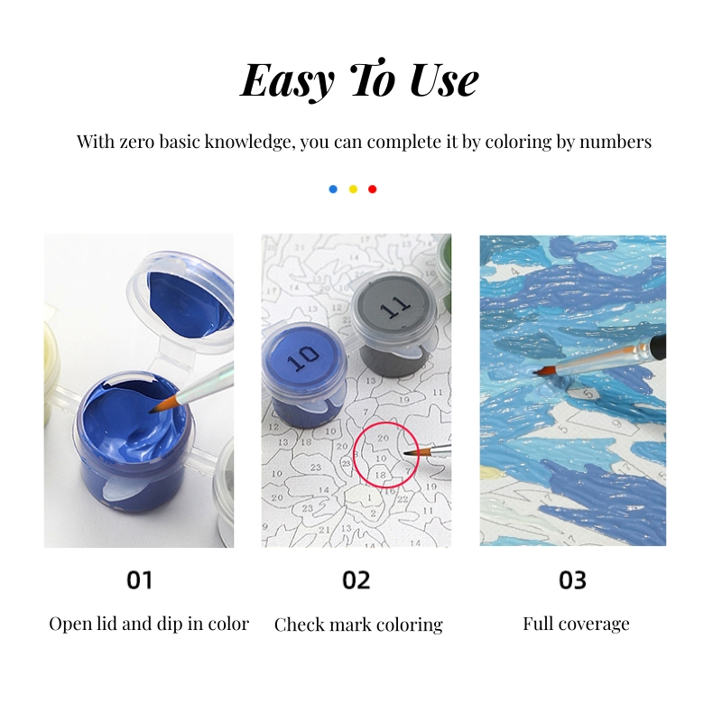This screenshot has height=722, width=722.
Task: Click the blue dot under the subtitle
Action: pos(333,190)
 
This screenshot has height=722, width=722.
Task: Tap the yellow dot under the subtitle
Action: pos(353,190)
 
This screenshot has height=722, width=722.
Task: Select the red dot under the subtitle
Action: pos(373,190)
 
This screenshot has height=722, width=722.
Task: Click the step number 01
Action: pos(140,580)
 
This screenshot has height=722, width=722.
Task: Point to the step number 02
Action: pos(356,580)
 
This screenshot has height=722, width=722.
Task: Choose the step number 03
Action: pos(572,580)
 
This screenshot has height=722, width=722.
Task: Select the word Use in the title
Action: pos(444,80)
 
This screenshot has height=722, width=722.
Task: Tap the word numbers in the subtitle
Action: pos(616,142)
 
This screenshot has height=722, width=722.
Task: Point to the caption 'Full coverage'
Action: pos(576,625)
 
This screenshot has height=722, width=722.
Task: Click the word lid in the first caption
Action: pos(106,624)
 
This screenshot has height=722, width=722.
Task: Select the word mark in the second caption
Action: pos(350,625)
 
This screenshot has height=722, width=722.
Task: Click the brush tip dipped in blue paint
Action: pos(152,411)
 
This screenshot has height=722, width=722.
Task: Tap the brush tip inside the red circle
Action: pos(405,454)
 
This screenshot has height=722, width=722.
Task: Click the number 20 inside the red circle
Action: pos(383,439)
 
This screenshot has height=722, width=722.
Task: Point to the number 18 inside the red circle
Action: pos(380,475)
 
